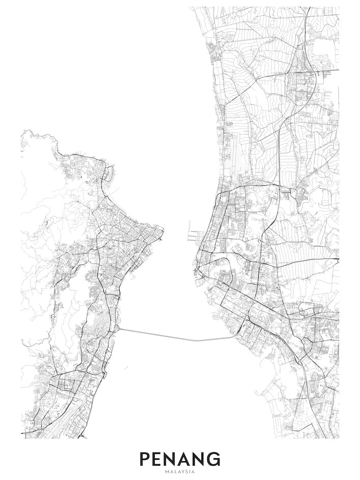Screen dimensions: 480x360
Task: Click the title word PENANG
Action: (180, 459)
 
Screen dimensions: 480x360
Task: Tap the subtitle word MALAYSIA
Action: (180, 472)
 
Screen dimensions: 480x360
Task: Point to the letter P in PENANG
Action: (145, 459)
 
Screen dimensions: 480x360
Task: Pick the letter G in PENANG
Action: (213, 459)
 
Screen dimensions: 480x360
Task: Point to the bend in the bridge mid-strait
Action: (194, 340)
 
